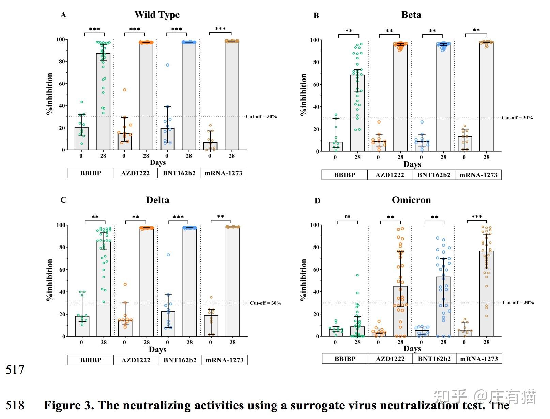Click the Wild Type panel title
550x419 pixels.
pyautogui.click(x=157, y=15)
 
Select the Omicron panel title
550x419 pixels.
pyautogui.click(x=411, y=200)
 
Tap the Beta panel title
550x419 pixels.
pyautogui.click(x=411, y=15)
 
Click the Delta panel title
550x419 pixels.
pyautogui.click(x=157, y=200)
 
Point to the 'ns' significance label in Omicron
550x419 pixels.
pyautogui.click(x=347, y=216)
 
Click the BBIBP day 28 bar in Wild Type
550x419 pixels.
pyautogui.click(x=103, y=102)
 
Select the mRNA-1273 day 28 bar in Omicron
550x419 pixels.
pyautogui.click(x=486, y=293)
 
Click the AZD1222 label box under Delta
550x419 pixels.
pyautogui.click(x=136, y=360)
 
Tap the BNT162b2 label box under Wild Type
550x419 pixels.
pyautogui.click(x=179, y=173)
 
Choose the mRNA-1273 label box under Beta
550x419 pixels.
pyautogui.click(x=478, y=175)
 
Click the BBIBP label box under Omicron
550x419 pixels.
pyautogui.click(x=345, y=359)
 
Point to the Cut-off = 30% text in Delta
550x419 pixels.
pyautogui.click(x=265, y=303)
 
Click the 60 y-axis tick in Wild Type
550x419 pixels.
pyautogui.click(x=62, y=84)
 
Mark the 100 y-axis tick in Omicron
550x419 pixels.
pyautogui.click(x=315, y=225)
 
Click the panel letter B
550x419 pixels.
pyautogui.click(x=316, y=16)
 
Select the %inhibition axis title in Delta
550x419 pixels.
pyautogui.click(x=50, y=280)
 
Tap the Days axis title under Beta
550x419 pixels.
pyautogui.click(x=412, y=164)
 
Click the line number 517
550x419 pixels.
pyautogui.click(x=15, y=370)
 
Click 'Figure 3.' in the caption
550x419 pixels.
pyautogui.click(x=69, y=405)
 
